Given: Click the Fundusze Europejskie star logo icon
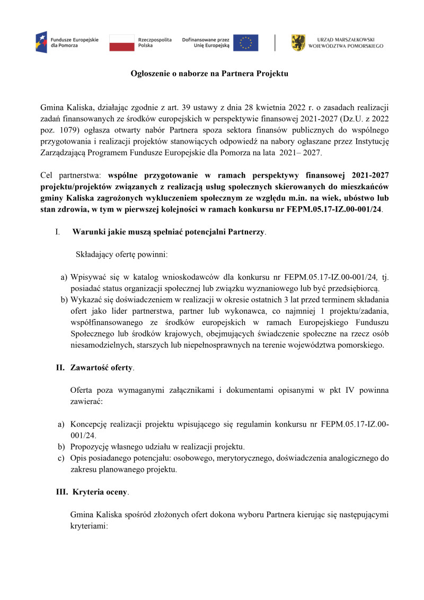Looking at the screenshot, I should click(41, 42).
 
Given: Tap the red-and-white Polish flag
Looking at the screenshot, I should click(121, 42).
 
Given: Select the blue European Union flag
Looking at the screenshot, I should click(245, 42).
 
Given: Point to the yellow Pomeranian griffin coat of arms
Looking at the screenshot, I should click(298, 42).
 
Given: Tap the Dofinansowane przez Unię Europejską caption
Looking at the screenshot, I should click(206, 42).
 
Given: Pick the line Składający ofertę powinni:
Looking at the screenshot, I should click(122, 254).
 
